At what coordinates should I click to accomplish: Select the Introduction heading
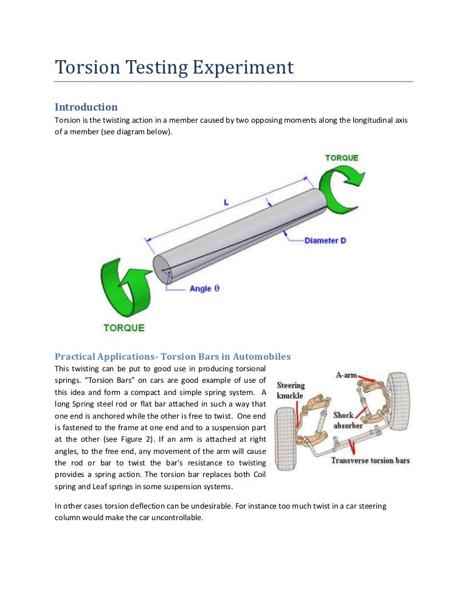click(x=86, y=108)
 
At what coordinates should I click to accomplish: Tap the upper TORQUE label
click(x=341, y=158)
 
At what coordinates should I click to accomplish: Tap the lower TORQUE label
click(x=124, y=328)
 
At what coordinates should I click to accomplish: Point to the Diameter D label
click(x=325, y=241)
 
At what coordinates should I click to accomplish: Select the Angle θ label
click(x=204, y=289)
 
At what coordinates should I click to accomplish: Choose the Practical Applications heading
click(x=173, y=356)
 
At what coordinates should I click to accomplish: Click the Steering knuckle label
click(x=291, y=390)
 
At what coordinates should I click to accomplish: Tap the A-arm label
click(x=346, y=375)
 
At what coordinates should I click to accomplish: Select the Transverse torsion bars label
click(x=370, y=460)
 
